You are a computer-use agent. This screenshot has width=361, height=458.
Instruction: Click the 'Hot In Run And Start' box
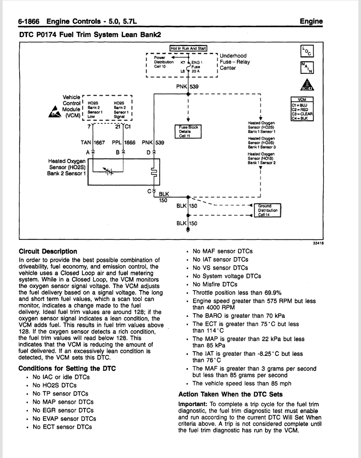pyautogui.click(x=188, y=48)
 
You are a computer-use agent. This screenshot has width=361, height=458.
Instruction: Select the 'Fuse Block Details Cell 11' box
pyautogui.click(x=188, y=132)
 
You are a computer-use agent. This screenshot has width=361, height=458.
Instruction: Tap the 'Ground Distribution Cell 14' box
pyautogui.click(x=268, y=210)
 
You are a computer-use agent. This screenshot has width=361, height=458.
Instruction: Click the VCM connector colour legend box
pyautogui.click(x=302, y=109)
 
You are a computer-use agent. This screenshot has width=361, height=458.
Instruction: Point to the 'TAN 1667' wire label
pyautogui.click(x=92, y=143)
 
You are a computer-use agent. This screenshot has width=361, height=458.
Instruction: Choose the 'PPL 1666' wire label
pyautogui.click(x=123, y=143)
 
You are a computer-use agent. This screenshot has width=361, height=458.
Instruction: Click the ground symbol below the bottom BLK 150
pyautogui.click(x=188, y=230)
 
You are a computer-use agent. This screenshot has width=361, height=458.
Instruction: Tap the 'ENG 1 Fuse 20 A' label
pyautogui.click(x=196, y=67)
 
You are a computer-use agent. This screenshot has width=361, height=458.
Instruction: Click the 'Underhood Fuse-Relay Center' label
pyautogui.click(x=235, y=62)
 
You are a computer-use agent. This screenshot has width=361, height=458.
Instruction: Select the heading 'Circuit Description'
pyautogui.click(x=48, y=252)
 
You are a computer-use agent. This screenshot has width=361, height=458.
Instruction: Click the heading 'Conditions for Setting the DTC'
pyautogui.click(x=67, y=368)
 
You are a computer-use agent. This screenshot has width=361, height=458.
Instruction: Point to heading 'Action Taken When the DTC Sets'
pyautogui.click(x=231, y=394)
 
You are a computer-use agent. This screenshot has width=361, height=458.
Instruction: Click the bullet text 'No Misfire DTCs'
pyautogui.click(x=215, y=284)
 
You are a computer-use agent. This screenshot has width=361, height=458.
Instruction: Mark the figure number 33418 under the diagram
pyautogui.click(x=318, y=243)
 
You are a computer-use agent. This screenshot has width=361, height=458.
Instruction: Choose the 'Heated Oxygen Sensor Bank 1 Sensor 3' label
pyautogui.click(x=262, y=143)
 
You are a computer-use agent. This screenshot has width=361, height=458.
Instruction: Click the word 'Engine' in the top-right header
pyautogui.click(x=311, y=21)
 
